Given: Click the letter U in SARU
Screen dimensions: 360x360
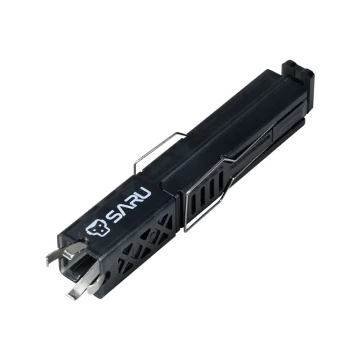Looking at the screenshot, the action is click(145, 189).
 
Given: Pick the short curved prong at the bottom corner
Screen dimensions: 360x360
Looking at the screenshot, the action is click(96, 285).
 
